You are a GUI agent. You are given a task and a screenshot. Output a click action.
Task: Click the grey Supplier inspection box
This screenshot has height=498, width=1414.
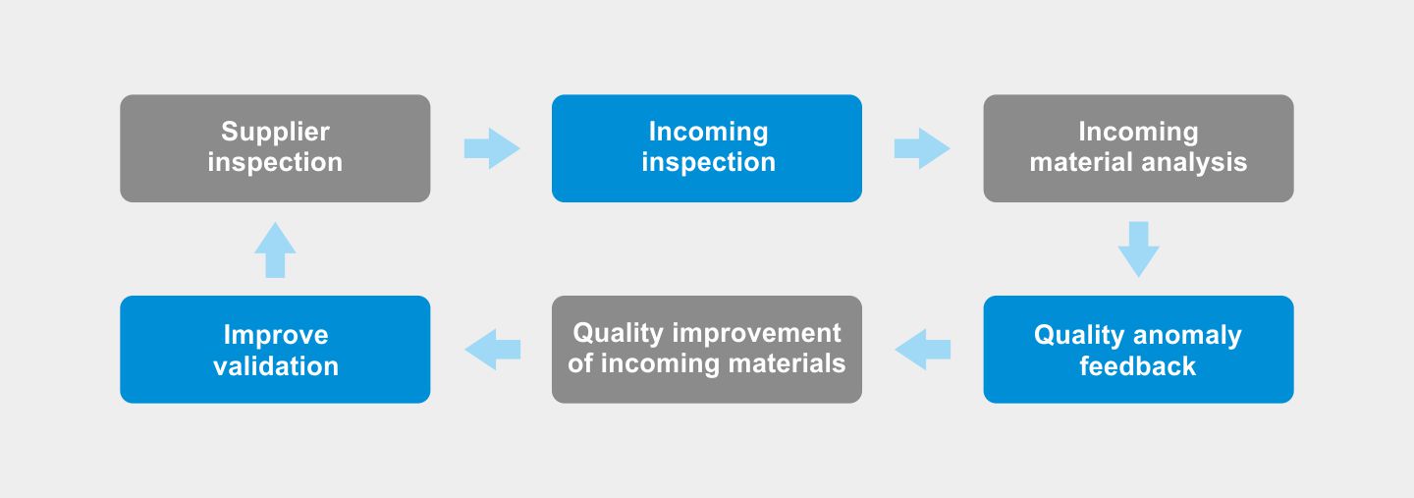tap(275, 148)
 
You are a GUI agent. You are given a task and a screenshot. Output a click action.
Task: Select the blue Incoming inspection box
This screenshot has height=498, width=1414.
tap(707, 148)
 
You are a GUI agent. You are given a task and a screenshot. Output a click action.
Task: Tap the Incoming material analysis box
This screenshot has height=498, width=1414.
tap(1139, 148)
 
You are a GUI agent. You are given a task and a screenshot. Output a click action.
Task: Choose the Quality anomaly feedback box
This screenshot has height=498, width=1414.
tap(1139, 349)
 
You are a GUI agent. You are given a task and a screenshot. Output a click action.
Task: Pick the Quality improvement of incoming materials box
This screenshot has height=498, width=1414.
tap(707, 349)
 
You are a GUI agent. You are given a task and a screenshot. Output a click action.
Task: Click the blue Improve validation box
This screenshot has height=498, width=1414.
tap(275, 349)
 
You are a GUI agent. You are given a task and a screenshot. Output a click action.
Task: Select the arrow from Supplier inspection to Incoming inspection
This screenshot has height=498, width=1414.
tap(492, 148)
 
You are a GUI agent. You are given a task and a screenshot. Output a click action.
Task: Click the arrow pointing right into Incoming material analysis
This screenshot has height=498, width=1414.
tap(922, 148)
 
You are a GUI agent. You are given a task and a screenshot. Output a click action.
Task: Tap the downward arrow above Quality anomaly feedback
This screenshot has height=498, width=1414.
tap(1139, 249)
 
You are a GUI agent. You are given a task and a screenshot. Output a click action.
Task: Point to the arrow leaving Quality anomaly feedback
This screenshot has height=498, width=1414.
tap(922, 349)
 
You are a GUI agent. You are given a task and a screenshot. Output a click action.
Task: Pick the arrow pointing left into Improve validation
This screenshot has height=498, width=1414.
tap(492, 349)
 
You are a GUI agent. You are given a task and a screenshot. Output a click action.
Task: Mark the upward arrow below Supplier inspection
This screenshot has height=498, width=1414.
tap(275, 249)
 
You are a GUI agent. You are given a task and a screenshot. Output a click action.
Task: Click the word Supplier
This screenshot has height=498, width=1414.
tap(275, 133)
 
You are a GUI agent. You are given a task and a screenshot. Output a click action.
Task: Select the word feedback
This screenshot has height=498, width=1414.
tap(1137, 366)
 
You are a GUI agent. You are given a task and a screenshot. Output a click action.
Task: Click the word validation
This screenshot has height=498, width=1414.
tap(276, 366)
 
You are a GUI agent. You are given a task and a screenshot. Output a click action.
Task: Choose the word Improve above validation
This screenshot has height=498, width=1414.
tap(276, 336)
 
